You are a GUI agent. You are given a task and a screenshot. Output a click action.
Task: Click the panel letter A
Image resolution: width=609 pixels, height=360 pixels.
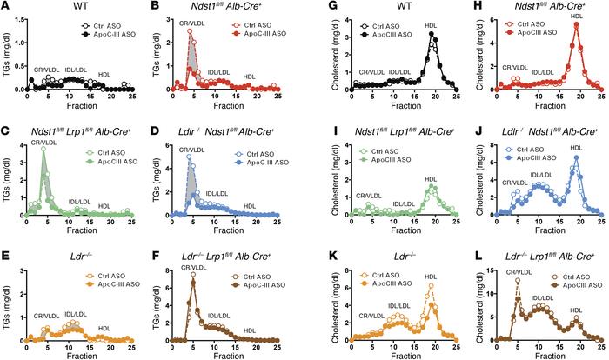(x=4, y=6)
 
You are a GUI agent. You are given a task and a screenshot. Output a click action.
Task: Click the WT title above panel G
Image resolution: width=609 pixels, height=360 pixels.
(x=380, y=7)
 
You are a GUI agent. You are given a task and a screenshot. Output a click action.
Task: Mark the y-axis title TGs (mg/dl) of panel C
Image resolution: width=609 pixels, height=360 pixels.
(x=7, y=178)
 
